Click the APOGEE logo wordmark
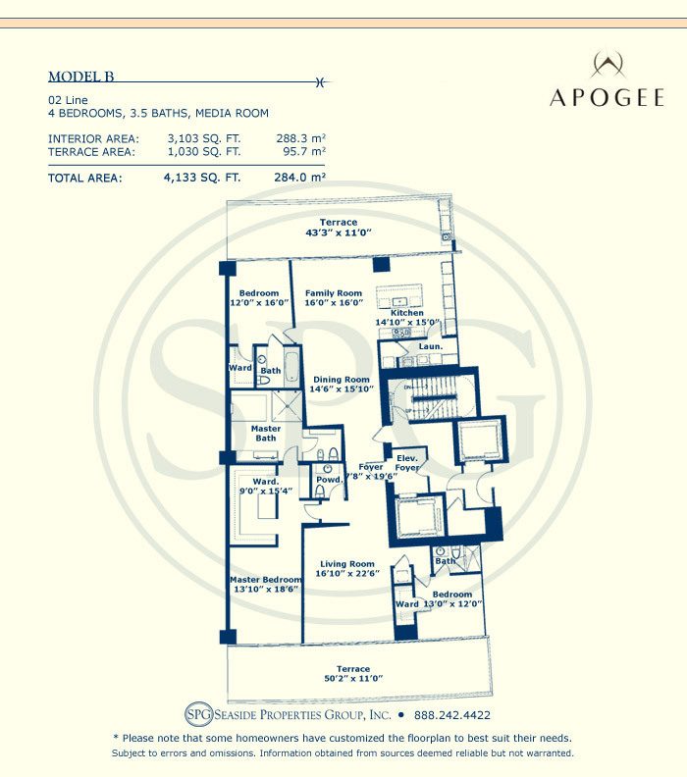tap(607, 98)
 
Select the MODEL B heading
tap(81, 77)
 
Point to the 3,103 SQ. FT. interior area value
tap(204, 138)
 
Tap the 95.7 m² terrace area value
tap(304, 152)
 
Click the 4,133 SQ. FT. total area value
tap(202, 178)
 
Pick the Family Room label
tap(334, 293)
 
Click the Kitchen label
tap(407, 313)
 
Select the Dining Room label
tap(342, 380)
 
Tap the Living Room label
tap(347, 564)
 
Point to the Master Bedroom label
tap(266, 580)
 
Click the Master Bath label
tap(266, 433)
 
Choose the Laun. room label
tap(430, 346)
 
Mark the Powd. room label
tap(329, 480)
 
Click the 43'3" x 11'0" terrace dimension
tap(339, 233)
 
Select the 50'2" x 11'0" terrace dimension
tap(353, 678)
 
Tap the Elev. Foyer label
tap(407, 463)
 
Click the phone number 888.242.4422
tap(452, 715)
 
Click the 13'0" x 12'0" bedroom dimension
tap(452, 604)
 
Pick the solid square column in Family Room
tap(381, 264)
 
